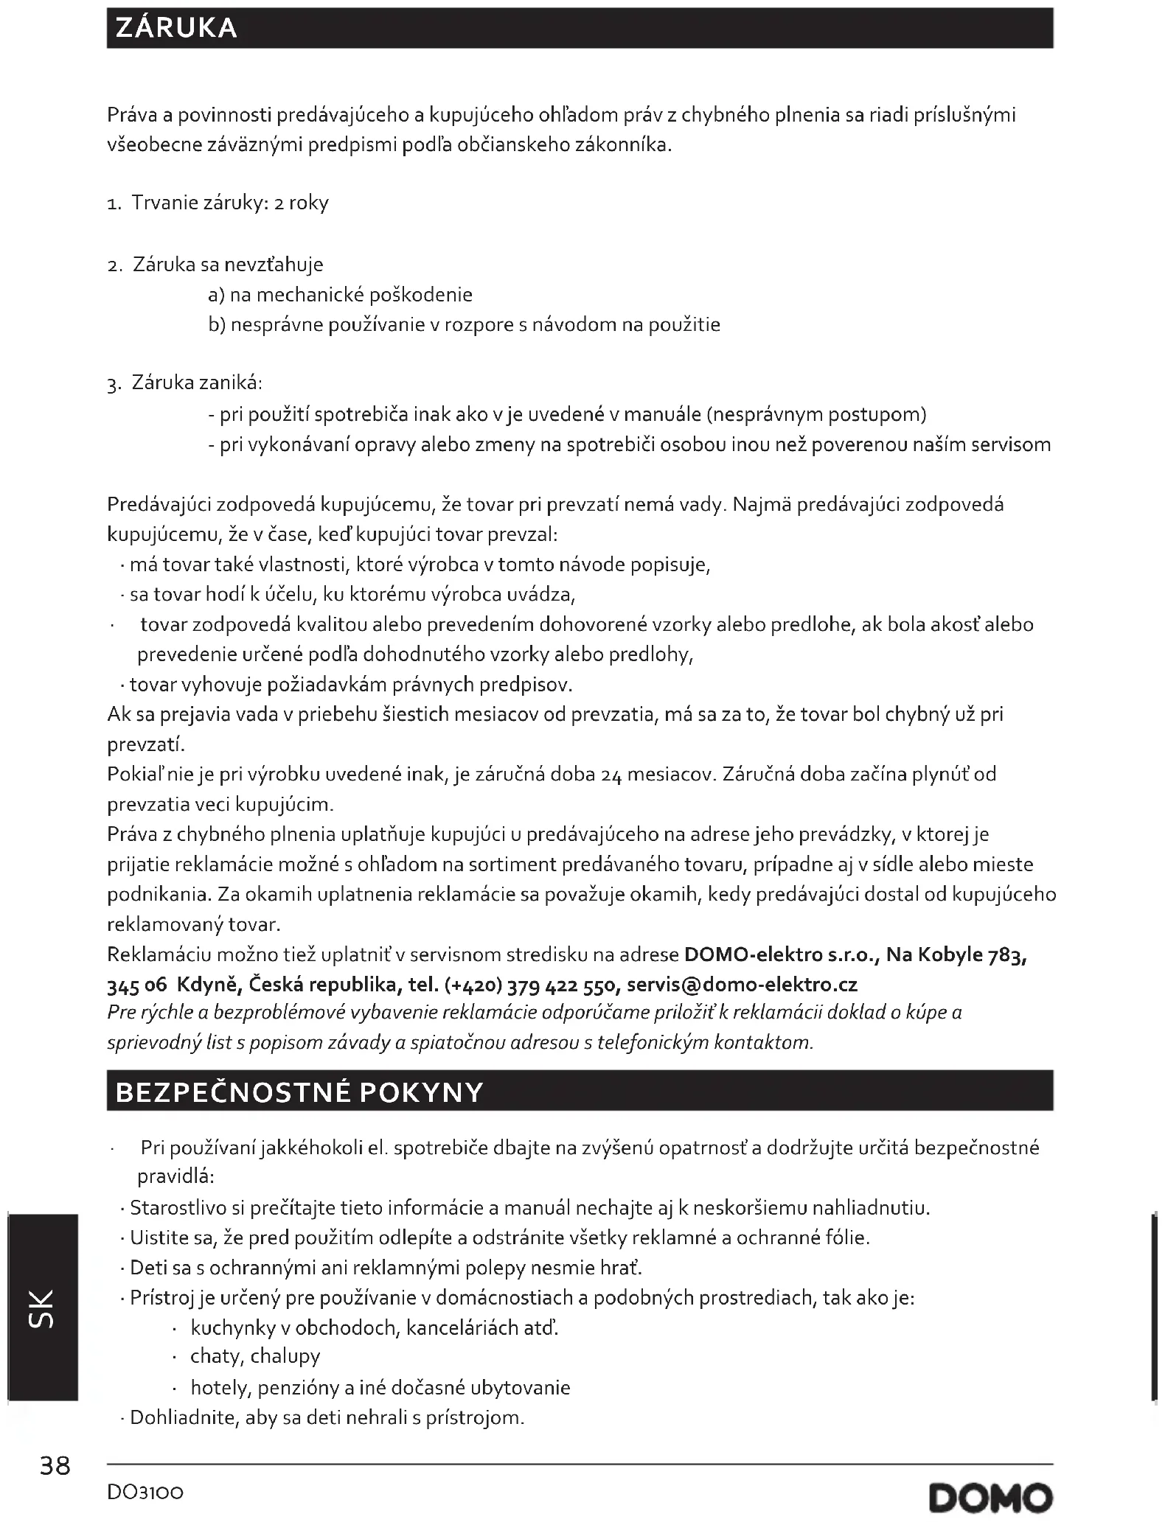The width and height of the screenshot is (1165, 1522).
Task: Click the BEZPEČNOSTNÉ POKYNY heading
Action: pyautogui.click(x=299, y=1092)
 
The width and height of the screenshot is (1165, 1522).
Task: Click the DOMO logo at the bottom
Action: pyautogui.click(x=990, y=1497)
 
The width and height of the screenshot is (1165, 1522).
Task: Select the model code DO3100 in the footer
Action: pyautogui.click(x=145, y=1492)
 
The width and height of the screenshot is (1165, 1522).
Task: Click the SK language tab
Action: pyautogui.click(x=41, y=1308)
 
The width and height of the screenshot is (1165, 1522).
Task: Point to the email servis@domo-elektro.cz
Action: pyautogui.click(x=742, y=985)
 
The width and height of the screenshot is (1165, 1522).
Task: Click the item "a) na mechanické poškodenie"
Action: pyautogui.click(x=340, y=295)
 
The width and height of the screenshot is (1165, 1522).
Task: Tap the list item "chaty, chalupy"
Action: pyautogui.click(x=255, y=1356)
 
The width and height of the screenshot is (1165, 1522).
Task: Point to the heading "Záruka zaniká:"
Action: pyautogui.click(x=197, y=383)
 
